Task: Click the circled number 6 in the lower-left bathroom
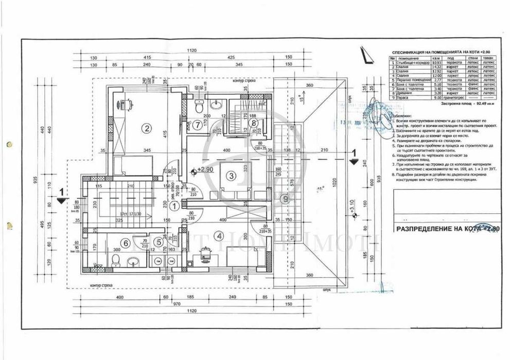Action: [x=125, y=243]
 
